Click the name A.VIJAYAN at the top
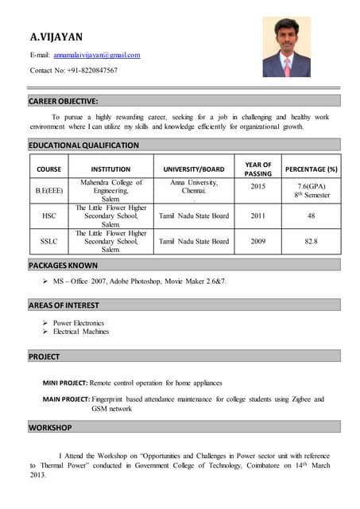coord(56,37)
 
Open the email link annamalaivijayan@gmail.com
coord(96,55)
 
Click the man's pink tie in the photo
coord(287,65)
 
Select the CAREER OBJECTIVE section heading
coord(64,101)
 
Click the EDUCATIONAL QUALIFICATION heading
coord(83,146)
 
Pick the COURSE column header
coord(48,169)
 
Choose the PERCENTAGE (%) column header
coord(312,169)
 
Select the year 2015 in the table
coord(258,186)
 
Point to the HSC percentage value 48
coord(312,216)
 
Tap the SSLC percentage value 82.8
coord(312,241)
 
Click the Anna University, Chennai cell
coord(194,187)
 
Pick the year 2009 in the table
coord(258,241)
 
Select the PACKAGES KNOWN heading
coord(64,265)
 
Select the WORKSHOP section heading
coord(50,428)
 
